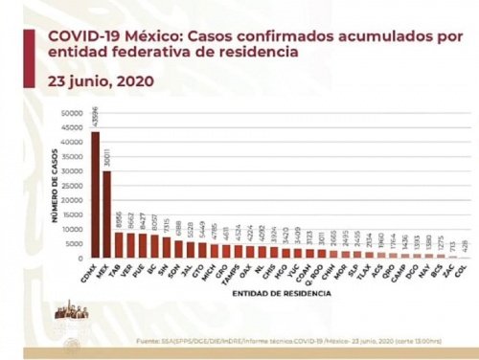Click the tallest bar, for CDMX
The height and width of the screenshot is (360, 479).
(95, 195)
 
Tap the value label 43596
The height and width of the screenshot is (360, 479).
(95, 121)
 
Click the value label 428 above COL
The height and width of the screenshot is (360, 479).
(464, 247)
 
